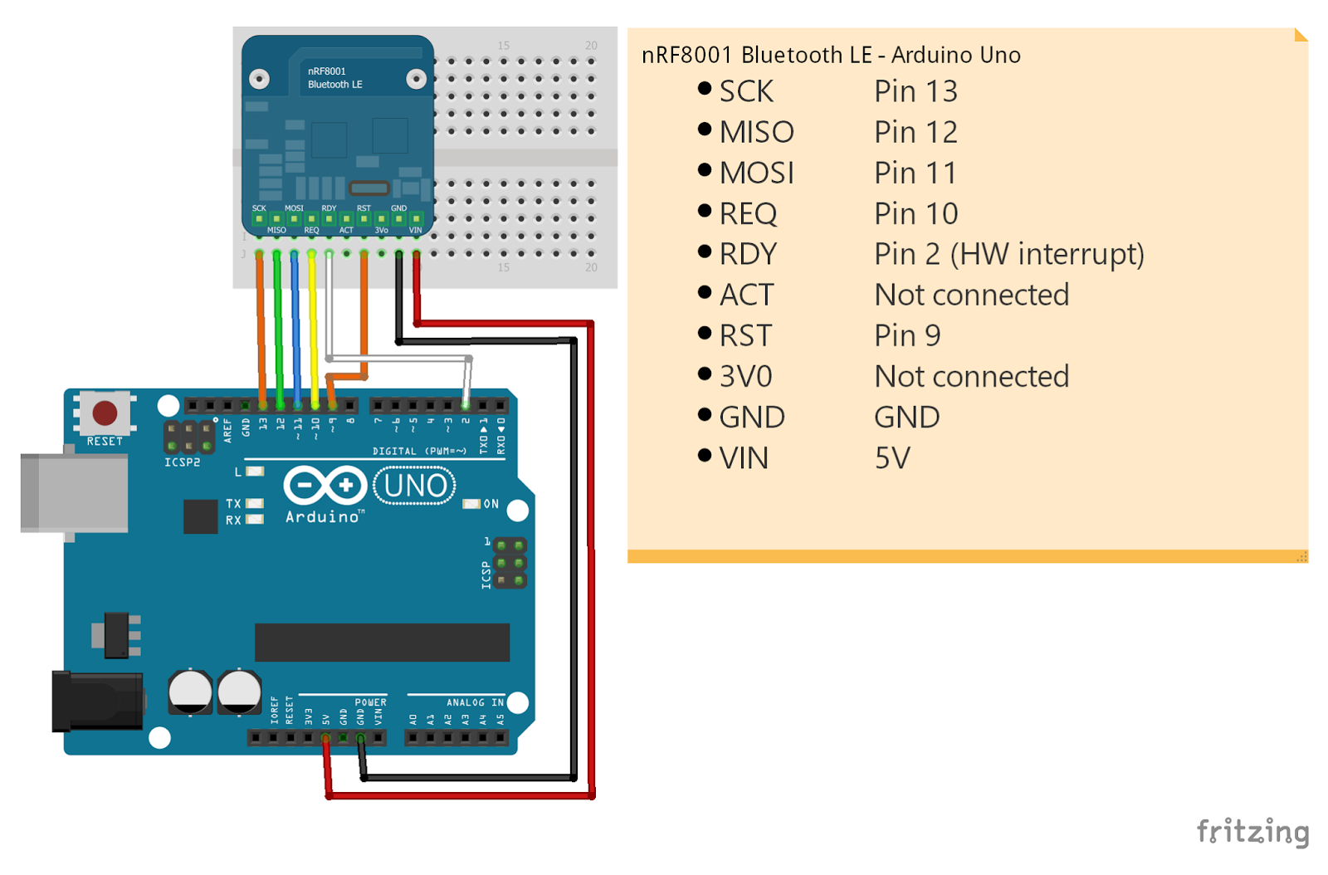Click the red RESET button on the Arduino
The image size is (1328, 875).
pos(105,413)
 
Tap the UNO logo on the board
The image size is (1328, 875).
pos(415,486)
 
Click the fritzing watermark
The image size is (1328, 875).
pos(1252,831)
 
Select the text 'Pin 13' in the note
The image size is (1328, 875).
pos(915,91)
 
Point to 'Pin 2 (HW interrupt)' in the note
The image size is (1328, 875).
pos(1008,254)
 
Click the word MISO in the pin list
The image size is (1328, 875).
pos(756,132)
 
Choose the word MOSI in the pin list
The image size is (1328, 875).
pos(756,173)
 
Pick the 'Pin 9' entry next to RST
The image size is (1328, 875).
pos(907,335)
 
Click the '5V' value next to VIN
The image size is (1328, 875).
pos(892,458)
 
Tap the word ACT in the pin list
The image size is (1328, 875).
pos(746,295)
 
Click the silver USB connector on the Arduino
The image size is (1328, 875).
pos(75,493)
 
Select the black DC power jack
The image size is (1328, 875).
pos(96,701)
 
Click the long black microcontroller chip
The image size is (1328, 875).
pos(382,643)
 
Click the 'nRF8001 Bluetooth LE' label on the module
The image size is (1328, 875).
pos(334,78)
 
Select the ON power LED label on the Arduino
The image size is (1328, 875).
pos(491,504)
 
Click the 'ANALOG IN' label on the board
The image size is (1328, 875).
pos(475,702)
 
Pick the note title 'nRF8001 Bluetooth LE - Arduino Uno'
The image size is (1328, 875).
pos(831,55)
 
